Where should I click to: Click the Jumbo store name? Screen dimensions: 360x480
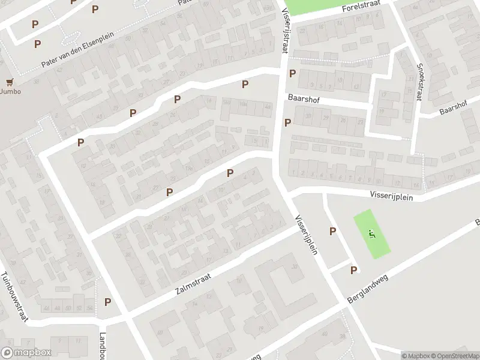10,92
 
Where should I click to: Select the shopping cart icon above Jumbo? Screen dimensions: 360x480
9,82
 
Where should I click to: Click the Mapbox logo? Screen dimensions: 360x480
26,353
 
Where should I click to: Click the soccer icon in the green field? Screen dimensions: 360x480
372,233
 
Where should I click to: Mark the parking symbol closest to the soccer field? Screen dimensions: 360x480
332,232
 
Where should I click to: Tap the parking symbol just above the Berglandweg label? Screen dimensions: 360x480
353,271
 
